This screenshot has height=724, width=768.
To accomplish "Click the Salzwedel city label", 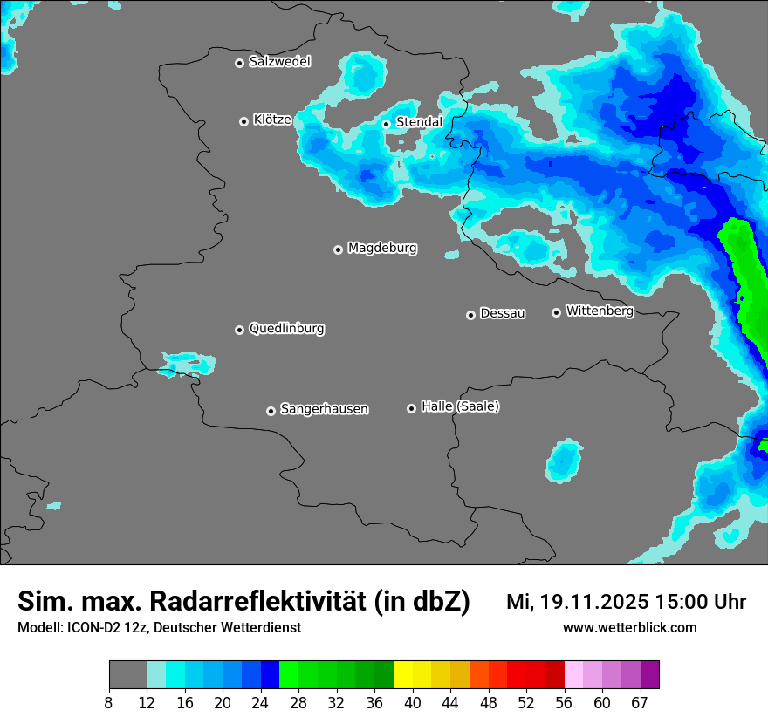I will (x=279, y=61).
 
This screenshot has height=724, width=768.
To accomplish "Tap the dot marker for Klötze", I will (x=243, y=121).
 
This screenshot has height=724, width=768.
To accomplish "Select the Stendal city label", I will (x=419, y=122).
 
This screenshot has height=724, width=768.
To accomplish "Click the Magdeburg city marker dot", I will (x=338, y=249).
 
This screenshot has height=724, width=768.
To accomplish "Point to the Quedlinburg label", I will (x=286, y=329).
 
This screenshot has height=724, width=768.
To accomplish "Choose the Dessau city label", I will (x=503, y=313).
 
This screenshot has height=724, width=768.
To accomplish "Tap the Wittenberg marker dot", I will (x=556, y=312).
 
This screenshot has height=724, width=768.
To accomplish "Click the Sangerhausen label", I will (x=324, y=409).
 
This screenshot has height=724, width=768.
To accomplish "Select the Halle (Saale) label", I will (x=460, y=406).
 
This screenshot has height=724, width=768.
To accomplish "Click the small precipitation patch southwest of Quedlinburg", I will (x=185, y=363).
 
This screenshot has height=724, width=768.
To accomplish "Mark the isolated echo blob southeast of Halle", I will (x=565, y=461).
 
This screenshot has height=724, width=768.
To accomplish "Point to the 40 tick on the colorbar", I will (x=413, y=702).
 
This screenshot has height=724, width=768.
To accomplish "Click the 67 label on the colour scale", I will (x=640, y=702).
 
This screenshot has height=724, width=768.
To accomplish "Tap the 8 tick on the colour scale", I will (x=108, y=702).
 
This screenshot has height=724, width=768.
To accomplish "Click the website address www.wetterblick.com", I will (x=629, y=627).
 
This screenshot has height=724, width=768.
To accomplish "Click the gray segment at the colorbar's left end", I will (x=127, y=675).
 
